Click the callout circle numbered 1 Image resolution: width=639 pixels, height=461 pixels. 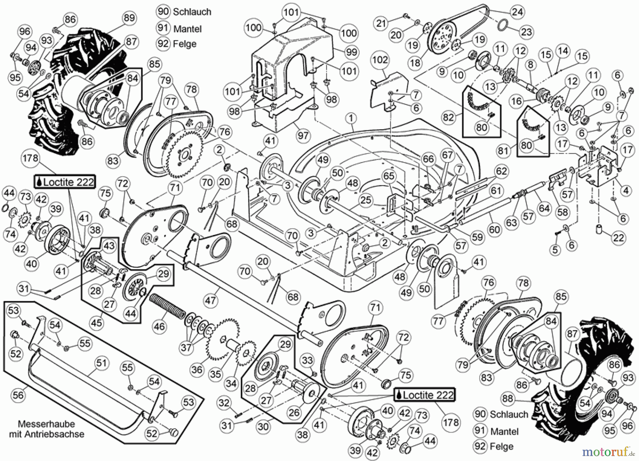pyautogui.click(x=351, y=118)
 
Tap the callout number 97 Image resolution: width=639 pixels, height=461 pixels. pyautogui.click(x=304, y=135)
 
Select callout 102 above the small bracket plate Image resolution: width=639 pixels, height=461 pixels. pyautogui.click(x=380, y=59)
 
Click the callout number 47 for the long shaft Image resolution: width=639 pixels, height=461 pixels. pyautogui.click(x=210, y=300)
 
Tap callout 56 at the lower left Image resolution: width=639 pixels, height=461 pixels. pyautogui.click(x=18, y=395)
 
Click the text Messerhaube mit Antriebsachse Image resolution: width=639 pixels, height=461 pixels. pyautogui.click(x=47, y=429)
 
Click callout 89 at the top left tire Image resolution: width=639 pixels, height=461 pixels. pyautogui.click(x=129, y=17)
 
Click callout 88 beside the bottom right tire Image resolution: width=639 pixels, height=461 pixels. pyautogui.click(x=508, y=398)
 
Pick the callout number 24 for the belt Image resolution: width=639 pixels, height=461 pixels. pyautogui.click(x=517, y=12)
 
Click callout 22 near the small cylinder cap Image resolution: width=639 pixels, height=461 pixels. pyautogui.click(x=618, y=238)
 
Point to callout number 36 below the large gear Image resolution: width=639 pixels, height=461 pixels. pyautogui.click(x=197, y=369)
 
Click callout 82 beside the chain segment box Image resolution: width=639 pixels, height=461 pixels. pyautogui.click(x=449, y=117)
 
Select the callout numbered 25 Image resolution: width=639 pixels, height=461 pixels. pyautogui.click(x=366, y=200)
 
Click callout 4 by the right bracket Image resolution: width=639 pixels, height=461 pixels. pyautogui.click(x=626, y=191)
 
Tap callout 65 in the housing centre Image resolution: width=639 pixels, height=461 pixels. pyautogui.click(x=389, y=176)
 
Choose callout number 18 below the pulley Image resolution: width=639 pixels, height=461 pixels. pyautogui.click(x=415, y=63)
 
